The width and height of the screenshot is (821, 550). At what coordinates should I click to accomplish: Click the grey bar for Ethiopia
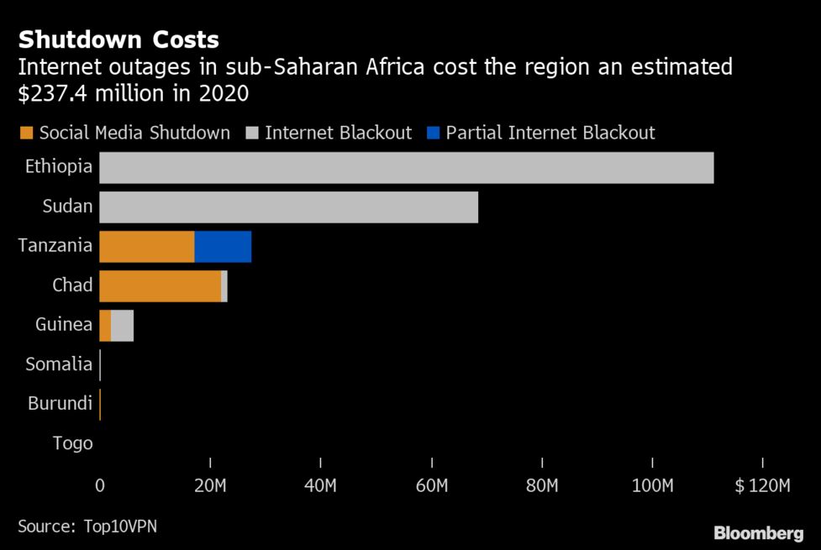coord(406,168)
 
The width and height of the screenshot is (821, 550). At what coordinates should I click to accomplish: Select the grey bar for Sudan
coord(288,207)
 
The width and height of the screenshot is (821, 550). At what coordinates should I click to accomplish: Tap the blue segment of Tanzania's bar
coord(223,247)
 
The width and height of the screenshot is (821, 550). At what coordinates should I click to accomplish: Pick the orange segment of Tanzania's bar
coord(146,247)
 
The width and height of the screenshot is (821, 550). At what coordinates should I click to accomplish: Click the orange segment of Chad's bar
coord(160,286)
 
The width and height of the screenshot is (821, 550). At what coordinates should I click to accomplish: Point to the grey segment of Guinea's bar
coord(122,325)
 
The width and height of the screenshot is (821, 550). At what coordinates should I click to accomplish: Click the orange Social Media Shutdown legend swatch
coord(25,133)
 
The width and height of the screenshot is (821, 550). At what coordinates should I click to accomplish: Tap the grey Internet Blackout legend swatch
coord(251,133)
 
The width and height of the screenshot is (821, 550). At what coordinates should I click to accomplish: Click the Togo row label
coord(72,443)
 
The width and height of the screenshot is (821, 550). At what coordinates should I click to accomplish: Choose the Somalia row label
coord(59,364)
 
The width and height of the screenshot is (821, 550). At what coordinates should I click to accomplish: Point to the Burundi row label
coord(60,404)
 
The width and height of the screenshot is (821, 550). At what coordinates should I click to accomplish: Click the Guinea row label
coord(64,325)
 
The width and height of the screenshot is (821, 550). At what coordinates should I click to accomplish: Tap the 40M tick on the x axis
coord(321,485)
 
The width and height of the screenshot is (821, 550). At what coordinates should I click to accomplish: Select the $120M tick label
coord(762,485)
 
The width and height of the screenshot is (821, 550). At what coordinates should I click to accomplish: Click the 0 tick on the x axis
coord(100,485)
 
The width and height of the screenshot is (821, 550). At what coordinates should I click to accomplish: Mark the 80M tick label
coord(542,485)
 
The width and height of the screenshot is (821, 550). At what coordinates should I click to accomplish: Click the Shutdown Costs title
coord(118,39)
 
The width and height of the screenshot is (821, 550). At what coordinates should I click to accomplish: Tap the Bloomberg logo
coord(758,533)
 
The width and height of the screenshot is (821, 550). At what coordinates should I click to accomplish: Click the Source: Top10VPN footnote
coord(87,526)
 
